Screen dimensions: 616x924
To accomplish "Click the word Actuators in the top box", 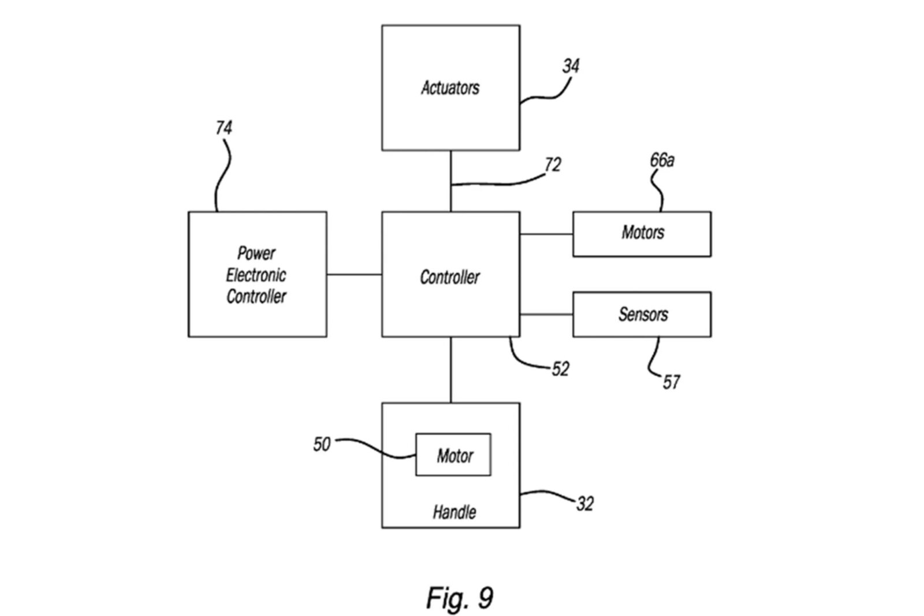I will (450, 88).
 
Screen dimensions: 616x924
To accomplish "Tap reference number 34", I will (571, 66).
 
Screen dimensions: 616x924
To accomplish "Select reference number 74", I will (223, 128).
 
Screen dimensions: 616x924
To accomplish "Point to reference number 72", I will (553, 165).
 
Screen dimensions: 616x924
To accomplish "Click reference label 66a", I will (662, 160).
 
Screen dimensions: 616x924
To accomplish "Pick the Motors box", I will (642, 234).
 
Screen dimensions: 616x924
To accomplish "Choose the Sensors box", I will (642, 314).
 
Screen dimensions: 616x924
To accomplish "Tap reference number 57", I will (671, 382).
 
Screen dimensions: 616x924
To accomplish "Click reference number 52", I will (560, 369).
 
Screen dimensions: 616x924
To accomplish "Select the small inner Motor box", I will (453, 455).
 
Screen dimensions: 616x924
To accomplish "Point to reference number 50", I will (322, 444).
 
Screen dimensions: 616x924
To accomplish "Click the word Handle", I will (454, 512).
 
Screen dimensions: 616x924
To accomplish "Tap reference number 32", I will (584, 503).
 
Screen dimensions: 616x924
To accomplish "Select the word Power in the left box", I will (256, 253).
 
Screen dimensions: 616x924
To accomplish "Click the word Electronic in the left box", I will (256, 275).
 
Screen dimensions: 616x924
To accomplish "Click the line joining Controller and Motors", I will (546, 234).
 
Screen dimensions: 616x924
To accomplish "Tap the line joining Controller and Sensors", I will (546, 315).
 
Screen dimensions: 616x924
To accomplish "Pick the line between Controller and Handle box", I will (451, 369).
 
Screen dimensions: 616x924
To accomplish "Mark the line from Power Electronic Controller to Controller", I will (354, 274).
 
